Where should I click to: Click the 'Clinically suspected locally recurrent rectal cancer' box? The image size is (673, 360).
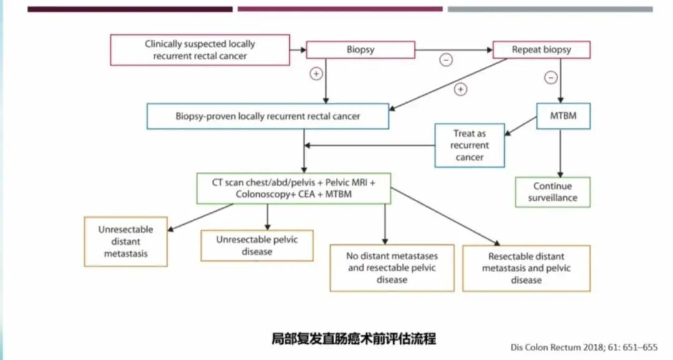[200, 50]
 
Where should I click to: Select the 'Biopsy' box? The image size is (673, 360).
[361, 50]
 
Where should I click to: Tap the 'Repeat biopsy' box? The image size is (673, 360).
[541, 50]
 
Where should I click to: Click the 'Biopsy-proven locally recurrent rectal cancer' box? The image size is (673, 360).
[268, 116]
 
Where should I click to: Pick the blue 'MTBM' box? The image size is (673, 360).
[563, 116]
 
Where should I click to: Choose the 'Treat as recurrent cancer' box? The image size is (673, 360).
[469, 145]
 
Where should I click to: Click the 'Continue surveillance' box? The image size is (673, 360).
[553, 192]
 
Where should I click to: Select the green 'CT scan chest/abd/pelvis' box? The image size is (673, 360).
[294, 188]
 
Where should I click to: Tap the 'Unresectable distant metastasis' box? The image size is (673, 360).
[126, 242]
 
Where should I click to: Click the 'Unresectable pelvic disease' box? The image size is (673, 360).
[257, 245]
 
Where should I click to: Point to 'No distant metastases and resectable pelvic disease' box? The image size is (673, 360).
[392, 268]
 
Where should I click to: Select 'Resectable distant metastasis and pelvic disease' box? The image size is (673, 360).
[526, 268]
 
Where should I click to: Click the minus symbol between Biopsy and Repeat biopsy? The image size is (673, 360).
[446, 60]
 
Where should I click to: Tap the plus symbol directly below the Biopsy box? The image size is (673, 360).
[316, 74]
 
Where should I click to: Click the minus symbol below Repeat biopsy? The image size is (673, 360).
[551, 78]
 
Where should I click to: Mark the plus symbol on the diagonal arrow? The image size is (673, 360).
[461, 90]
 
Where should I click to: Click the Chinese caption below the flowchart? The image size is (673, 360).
[354, 338]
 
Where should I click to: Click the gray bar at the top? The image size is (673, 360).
[550, 9]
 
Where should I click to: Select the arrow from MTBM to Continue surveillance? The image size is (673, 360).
[560, 153]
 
